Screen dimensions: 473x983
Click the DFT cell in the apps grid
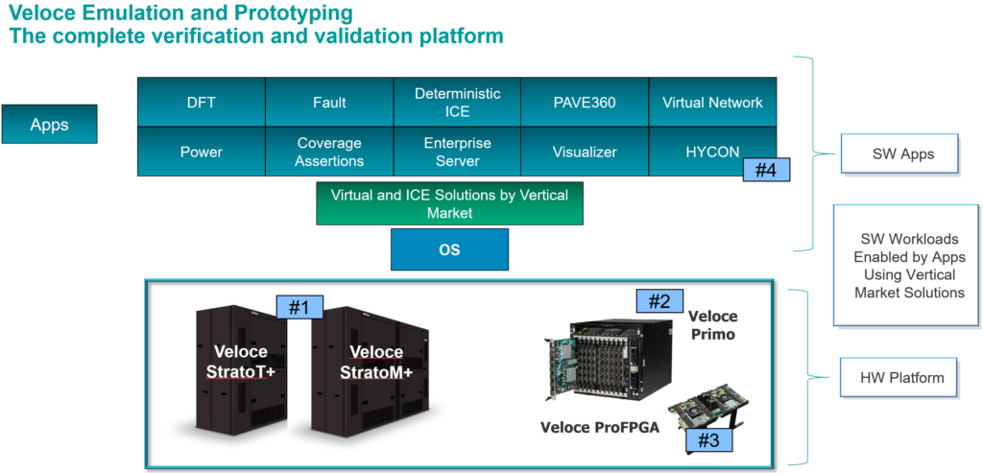201,103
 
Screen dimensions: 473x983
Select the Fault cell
329,103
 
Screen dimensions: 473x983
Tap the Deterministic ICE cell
457,103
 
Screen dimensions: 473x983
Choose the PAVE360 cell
585,103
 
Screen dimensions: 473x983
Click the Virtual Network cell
712,103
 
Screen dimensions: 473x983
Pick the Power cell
201,152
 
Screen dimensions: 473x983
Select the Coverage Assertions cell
329,152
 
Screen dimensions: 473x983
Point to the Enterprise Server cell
457,152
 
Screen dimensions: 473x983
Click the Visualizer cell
585,152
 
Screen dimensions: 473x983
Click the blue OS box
449,250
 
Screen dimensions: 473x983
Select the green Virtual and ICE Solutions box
449,203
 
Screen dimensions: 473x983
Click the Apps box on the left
49,125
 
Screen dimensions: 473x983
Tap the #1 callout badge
300,307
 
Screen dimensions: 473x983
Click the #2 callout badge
659,301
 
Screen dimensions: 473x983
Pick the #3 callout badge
708,440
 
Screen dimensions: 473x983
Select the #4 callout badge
766,171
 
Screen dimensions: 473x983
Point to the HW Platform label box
902,378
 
